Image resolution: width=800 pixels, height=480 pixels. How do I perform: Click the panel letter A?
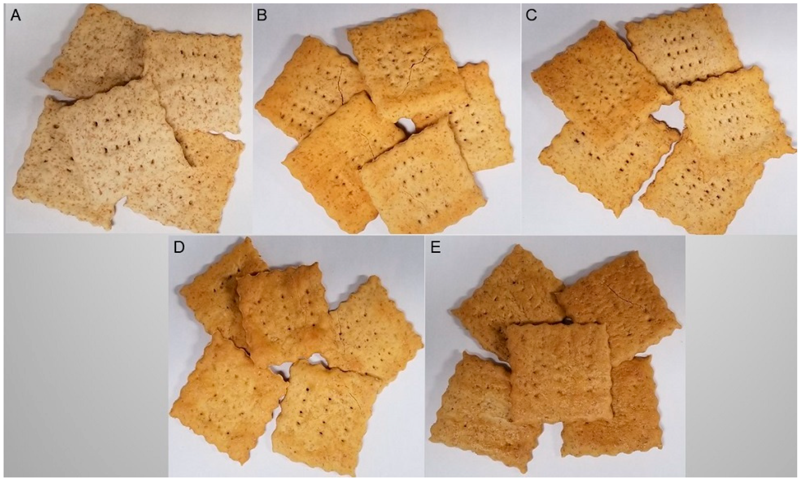tap(16, 15)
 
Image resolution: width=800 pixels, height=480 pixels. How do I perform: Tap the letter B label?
tap(262, 15)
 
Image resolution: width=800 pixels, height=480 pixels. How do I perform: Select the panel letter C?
tap(531, 15)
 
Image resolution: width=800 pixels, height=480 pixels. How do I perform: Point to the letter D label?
tap(179, 247)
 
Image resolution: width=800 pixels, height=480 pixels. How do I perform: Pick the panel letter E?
tap(435, 247)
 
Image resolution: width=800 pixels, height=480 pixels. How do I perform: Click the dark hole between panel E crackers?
tap(567, 321)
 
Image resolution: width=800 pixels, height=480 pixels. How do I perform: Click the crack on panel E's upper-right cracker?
tap(620, 294)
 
